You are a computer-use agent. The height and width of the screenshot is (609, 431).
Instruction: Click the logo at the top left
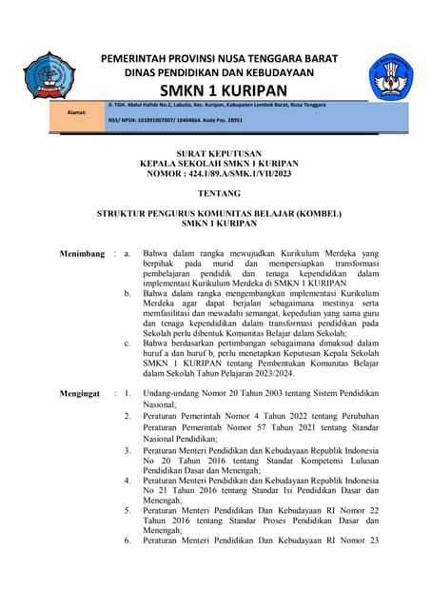[49, 77]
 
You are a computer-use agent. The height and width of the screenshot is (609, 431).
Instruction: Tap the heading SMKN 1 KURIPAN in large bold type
[219, 90]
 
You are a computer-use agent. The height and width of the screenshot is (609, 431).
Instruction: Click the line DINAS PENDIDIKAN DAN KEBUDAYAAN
[219, 72]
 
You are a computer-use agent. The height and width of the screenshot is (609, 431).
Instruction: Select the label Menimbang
[83, 254]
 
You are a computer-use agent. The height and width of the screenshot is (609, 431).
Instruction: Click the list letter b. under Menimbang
[128, 294]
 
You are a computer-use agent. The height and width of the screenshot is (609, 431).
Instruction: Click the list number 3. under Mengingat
[127, 449]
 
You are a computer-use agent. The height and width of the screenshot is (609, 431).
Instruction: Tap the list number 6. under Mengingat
[127, 540]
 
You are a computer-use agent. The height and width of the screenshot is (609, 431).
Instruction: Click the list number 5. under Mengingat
[127, 510]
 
